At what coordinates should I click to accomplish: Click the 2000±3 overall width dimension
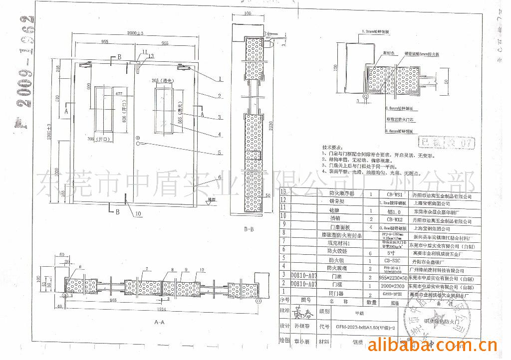pos(135,33)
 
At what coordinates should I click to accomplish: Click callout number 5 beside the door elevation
pos(220,152)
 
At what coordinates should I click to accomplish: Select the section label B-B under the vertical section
pos(250,230)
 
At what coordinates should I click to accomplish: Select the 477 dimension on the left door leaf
pos(118,94)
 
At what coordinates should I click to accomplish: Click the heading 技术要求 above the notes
pos(333,148)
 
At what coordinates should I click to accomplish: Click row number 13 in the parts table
pos(284,191)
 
